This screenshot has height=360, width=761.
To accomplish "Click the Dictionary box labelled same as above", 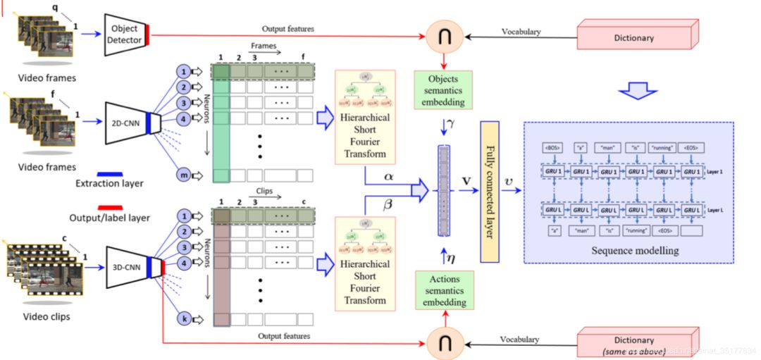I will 633,345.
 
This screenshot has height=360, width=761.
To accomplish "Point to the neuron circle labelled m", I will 183,174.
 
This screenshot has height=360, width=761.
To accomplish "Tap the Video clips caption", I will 47,316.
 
